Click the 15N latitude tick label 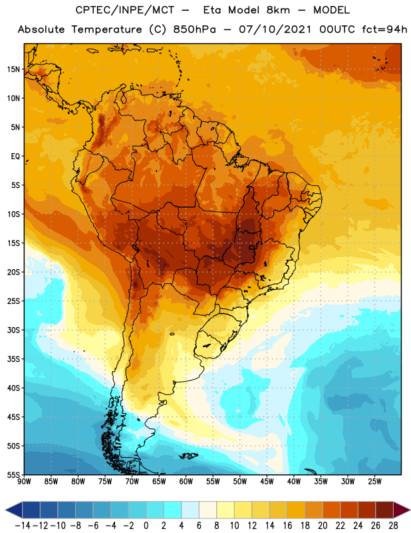(x=13, y=69)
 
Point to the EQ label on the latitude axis (x=15, y=157)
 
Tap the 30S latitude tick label (x=13, y=330)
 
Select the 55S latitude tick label (x=13, y=475)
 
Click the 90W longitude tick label (x=24, y=482)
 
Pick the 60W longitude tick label (x=186, y=482)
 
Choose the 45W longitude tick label (x=267, y=482)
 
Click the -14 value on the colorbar (x=23, y=526)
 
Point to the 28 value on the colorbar (x=393, y=526)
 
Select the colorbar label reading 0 (x=146, y=526)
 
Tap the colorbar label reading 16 (x=287, y=526)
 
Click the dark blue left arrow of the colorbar (x=14, y=510)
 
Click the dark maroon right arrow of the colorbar (x=402, y=510)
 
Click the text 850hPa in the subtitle (x=194, y=29)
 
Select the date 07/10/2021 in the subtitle (x=275, y=29)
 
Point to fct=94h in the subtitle (x=384, y=29)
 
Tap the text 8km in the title (x=278, y=10)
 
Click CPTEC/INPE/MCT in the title (x=124, y=10)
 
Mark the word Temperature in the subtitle (x=106, y=30)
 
